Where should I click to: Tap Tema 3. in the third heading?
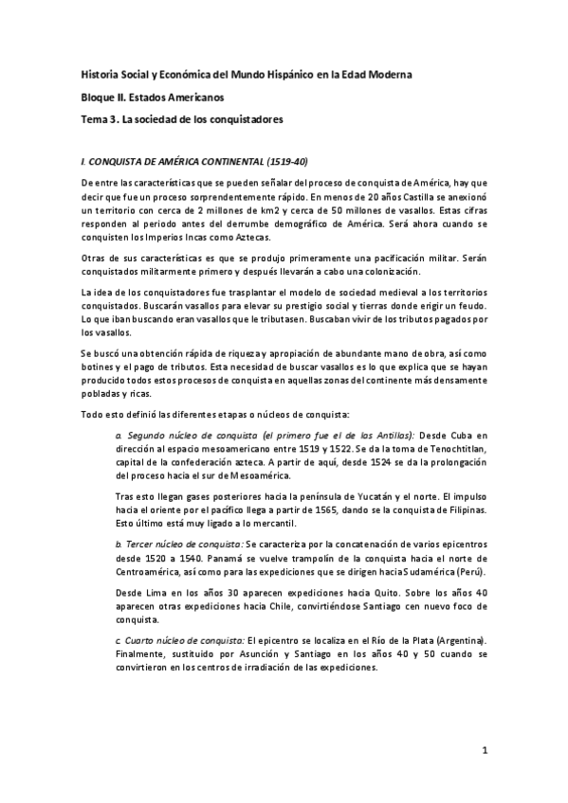coord(101,120)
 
